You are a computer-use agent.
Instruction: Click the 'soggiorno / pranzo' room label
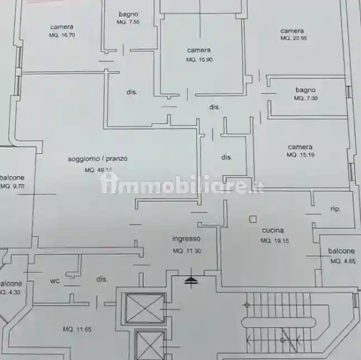(98, 159)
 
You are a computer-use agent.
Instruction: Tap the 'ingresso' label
(186, 239)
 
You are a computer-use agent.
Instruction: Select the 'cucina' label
(273, 230)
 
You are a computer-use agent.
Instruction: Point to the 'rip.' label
(335, 209)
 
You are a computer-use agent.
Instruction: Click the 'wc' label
(55, 281)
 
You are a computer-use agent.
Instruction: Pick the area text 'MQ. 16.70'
(61, 35)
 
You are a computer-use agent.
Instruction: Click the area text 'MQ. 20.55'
(293, 38)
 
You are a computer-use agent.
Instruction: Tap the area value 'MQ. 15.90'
(199, 60)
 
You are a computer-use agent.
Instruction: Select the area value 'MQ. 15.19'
(300, 155)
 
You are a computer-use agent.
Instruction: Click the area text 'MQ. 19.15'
(273, 241)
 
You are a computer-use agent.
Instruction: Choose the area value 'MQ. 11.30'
(186, 251)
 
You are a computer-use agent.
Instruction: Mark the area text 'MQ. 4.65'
(342, 261)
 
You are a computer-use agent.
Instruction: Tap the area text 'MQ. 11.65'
(77, 329)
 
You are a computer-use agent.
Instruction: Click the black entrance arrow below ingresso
(191, 278)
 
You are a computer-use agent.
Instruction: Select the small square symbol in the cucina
(252, 219)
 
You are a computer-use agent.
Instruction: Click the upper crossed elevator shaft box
(145, 308)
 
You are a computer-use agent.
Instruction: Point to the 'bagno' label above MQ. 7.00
(306, 90)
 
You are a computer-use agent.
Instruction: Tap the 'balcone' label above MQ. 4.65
(341, 251)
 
